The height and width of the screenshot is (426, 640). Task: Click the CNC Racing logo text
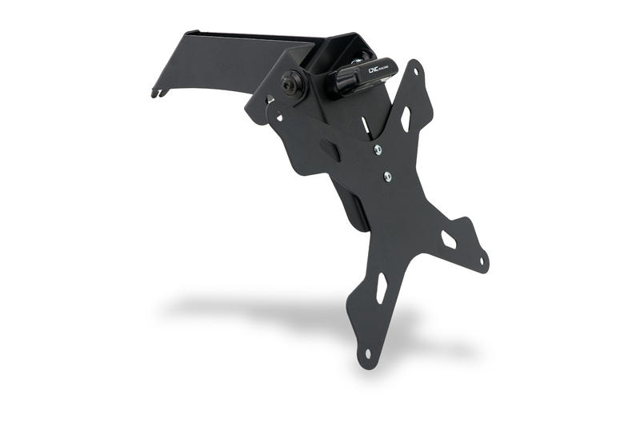coord(380,70)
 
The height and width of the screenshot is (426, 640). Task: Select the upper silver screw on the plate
coord(378,149)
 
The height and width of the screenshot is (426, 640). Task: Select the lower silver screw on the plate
coord(387,177)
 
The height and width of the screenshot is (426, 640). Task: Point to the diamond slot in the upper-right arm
coord(406,119)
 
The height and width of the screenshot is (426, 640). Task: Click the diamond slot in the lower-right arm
coord(449,239)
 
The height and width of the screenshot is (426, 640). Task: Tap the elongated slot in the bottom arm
coord(382,289)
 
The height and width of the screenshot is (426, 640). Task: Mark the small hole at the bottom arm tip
coord(368,352)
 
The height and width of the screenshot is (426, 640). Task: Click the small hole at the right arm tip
coord(482,260)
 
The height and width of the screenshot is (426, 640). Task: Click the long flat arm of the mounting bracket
coord(216,68)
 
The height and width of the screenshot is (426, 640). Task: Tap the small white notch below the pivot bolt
coord(270,99)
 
